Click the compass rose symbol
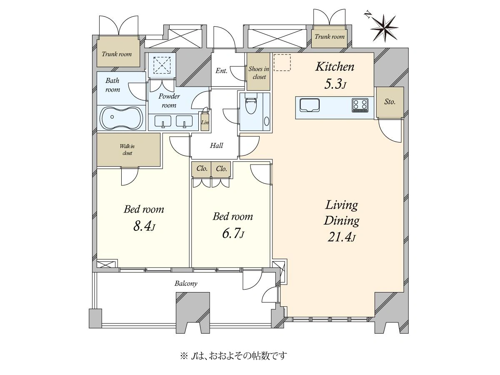(x=384, y=28)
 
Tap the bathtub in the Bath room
(x=122, y=118)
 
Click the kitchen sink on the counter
(x=309, y=105)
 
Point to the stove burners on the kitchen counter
(x=360, y=105)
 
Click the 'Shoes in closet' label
(x=259, y=73)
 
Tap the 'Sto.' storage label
(x=390, y=102)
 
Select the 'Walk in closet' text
(x=127, y=150)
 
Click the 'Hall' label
(x=216, y=145)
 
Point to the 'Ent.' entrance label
(x=221, y=70)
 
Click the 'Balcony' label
(x=186, y=283)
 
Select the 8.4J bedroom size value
(x=144, y=226)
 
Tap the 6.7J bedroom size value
(x=233, y=233)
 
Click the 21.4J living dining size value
(x=341, y=237)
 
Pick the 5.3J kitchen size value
(x=335, y=84)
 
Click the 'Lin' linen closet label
(x=205, y=122)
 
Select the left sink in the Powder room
(x=162, y=121)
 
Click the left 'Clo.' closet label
(x=202, y=169)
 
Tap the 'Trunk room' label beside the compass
(x=330, y=37)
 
